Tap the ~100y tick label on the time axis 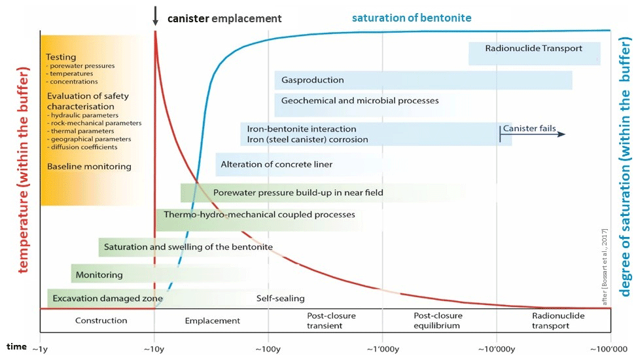click(266, 348)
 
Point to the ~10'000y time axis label click(496, 348)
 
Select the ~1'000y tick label click(381, 348)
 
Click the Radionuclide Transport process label click(533, 48)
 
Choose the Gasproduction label click(312, 81)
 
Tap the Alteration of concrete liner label click(276, 164)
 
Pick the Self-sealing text click(280, 298)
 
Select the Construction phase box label click(101, 321)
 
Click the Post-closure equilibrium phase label click(436, 321)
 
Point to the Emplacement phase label click(212, 321)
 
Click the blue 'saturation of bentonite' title click(411, 18)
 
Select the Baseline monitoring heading click(89, 167)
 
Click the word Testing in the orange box click(61, 58)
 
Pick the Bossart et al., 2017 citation click(605, 262)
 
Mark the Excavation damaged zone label click(107, 298)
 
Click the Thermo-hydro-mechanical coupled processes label click(259, 215)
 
